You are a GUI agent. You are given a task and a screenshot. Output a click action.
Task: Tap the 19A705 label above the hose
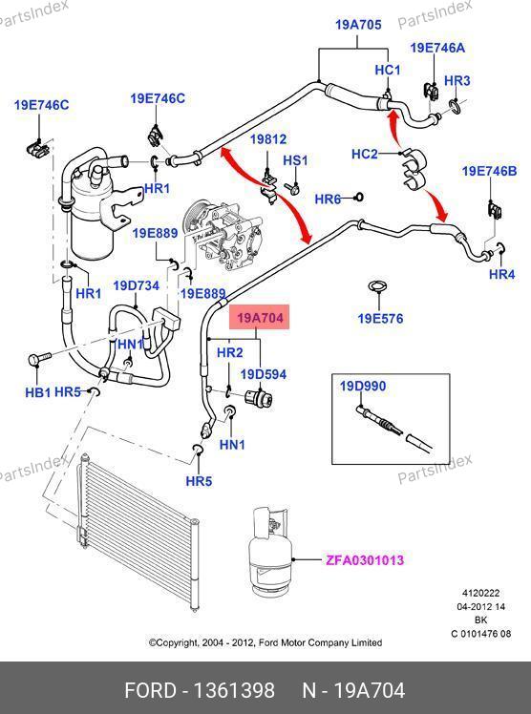(x=358, y=24)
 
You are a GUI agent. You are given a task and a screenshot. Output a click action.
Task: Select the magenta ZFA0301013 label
(x=365, y=560)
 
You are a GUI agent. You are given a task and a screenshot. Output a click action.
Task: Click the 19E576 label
(x=380, y=318)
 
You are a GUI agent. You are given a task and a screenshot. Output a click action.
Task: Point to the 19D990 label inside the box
(x=363, y=387)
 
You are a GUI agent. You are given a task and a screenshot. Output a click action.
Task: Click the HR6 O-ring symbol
(x=358, y=198)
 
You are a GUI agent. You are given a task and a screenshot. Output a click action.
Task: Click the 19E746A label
(x=437, y=48)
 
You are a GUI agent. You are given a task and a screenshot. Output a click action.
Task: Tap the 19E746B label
(x=490, y=171)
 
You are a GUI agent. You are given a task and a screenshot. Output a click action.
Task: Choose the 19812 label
(x=268, y=138)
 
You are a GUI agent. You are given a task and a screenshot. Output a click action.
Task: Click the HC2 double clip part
(x=414, y=168)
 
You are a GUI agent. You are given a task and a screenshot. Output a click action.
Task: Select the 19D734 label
(x=137, y=286)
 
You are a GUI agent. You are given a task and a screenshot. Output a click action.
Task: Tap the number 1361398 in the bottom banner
(x=234, y=690)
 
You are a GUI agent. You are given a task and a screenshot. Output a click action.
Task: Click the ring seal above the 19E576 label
(x=378, y=287)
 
